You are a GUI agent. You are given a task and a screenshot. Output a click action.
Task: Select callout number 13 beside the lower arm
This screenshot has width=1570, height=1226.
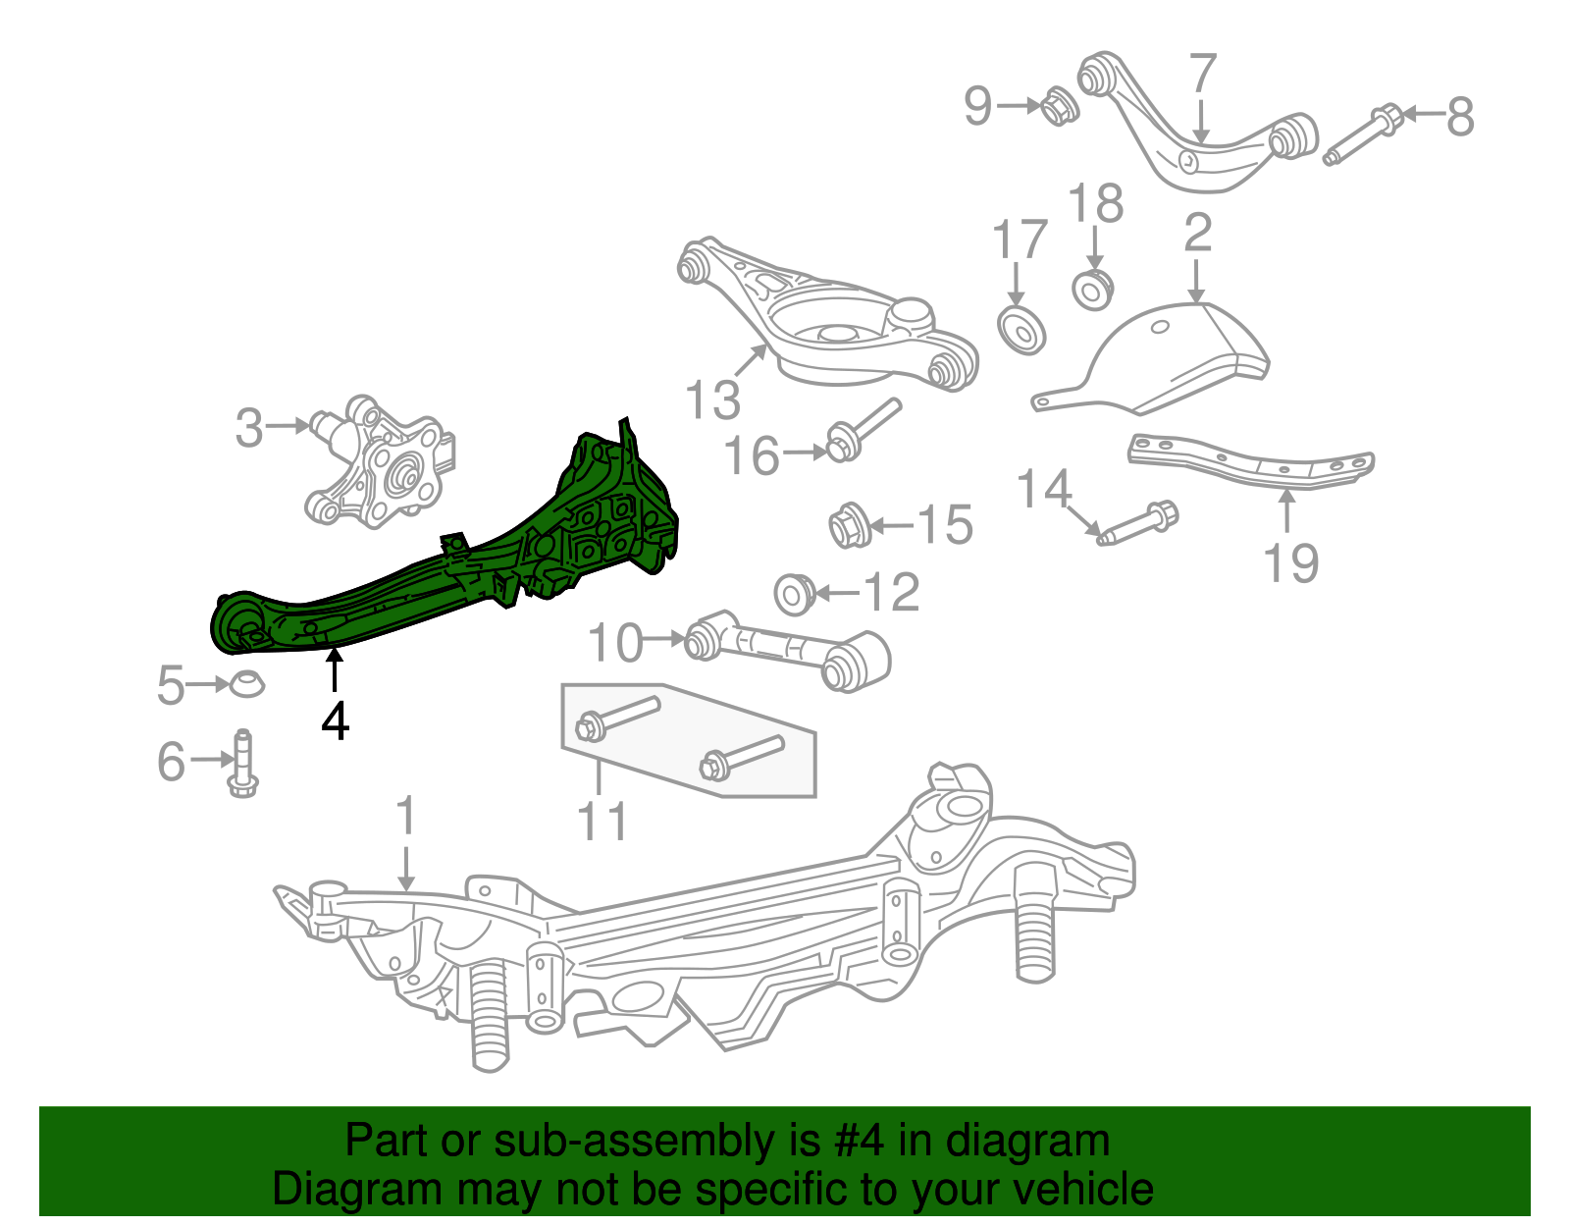pyautogui.click(x=712, y=400)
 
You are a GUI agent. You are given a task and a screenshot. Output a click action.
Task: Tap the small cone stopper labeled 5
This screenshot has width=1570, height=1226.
pyautogui.click(x=246, y=684)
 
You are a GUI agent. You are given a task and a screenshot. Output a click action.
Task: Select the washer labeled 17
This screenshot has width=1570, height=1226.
pyautogui.click(x=1020, y=330)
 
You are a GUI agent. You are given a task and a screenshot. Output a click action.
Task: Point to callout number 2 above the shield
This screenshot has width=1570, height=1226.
pyautogui.click(x=1197, y=234)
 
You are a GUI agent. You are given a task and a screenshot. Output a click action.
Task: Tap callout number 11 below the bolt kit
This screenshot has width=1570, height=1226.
pyautogui.click(x=602, y=823)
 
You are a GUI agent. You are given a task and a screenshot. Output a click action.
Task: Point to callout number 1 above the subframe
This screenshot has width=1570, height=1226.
pyautogui.click(x=405, y=817)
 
